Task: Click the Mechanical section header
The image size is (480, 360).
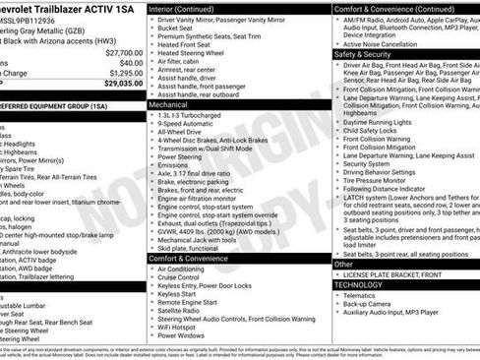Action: pos(169,102)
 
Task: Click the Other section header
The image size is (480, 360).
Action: pos(343,264)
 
